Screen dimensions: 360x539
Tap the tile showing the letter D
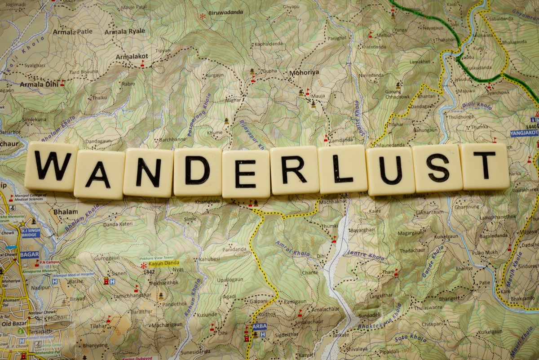[x=197, y=171]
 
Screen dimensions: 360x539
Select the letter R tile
[x=294, y=170]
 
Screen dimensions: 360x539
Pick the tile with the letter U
[x=390, y=171]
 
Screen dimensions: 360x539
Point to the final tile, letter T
[x=484, y=166]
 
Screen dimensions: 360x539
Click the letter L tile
[x=342, y=169]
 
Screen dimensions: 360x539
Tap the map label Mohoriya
[x=304, y=72]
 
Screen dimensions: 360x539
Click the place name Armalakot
[x=132, y=57]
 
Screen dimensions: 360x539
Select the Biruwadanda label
[x=226, y=12]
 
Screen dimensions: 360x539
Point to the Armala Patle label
[x=72, y=32]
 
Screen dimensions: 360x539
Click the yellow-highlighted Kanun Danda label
[x=164, y=263]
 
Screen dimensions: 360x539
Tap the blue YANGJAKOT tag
[x=524, y=133]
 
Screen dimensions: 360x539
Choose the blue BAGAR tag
[x=29, y=254]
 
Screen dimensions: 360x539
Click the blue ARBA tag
[x=259, y=326]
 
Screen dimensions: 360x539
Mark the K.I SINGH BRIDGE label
[x=31, y=232]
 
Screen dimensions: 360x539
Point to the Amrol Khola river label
[x=292, y=248]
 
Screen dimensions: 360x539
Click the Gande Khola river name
[x=433, y=261]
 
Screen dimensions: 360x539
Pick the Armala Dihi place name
[x=38, y=84]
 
